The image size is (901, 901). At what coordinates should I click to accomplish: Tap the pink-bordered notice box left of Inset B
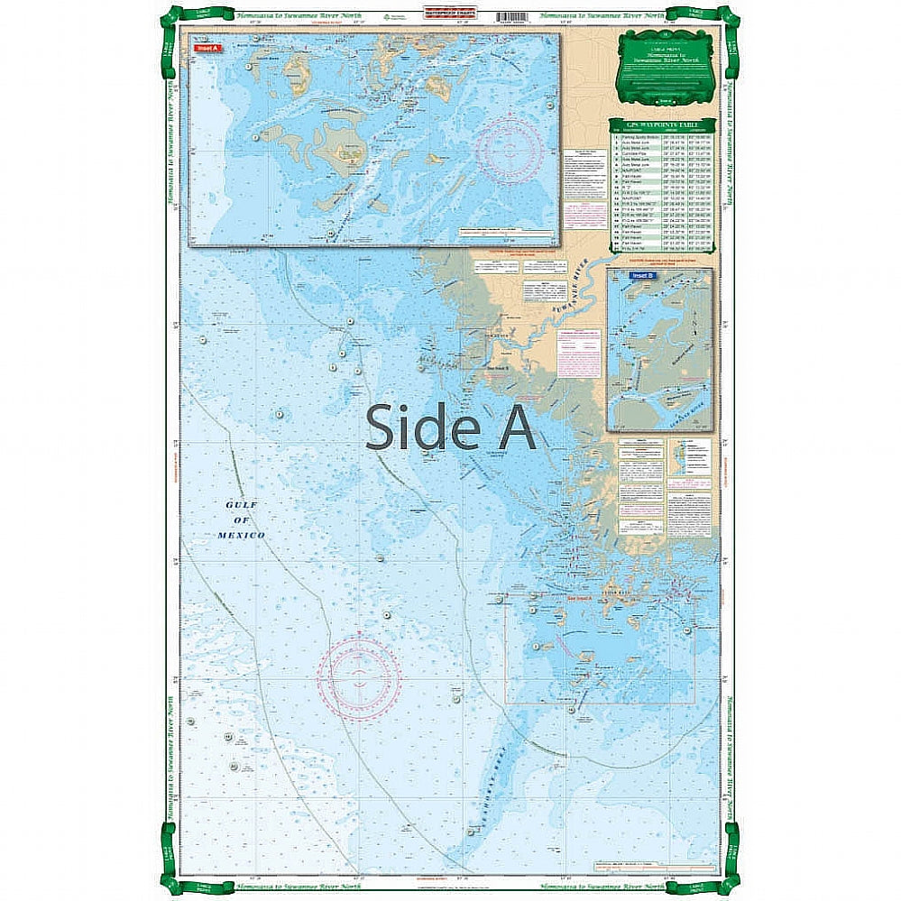(x=579, y=351)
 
